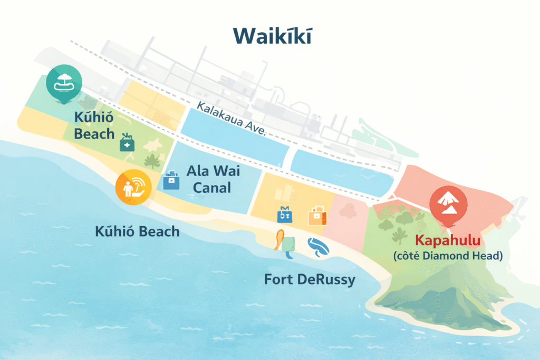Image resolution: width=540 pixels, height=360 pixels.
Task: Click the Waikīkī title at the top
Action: (x=272, y=35)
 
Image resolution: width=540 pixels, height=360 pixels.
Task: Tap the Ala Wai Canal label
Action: (x=209, y=179)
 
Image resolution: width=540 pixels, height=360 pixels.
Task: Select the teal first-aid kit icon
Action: (x=127, y=142)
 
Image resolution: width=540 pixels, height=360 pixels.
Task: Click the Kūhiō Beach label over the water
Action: (x=137, y=231)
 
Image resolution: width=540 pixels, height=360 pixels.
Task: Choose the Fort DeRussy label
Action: (x=309, y=279)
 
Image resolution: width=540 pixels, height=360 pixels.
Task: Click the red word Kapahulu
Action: (x=448, y=241)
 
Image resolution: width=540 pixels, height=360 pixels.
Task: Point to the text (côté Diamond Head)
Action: (x=448, y=256)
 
